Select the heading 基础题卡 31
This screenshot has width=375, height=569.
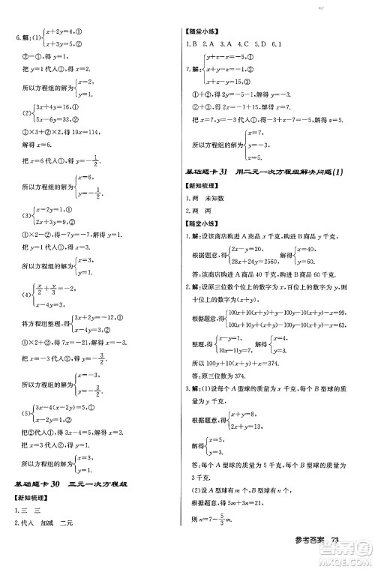(x=217, y=173)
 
